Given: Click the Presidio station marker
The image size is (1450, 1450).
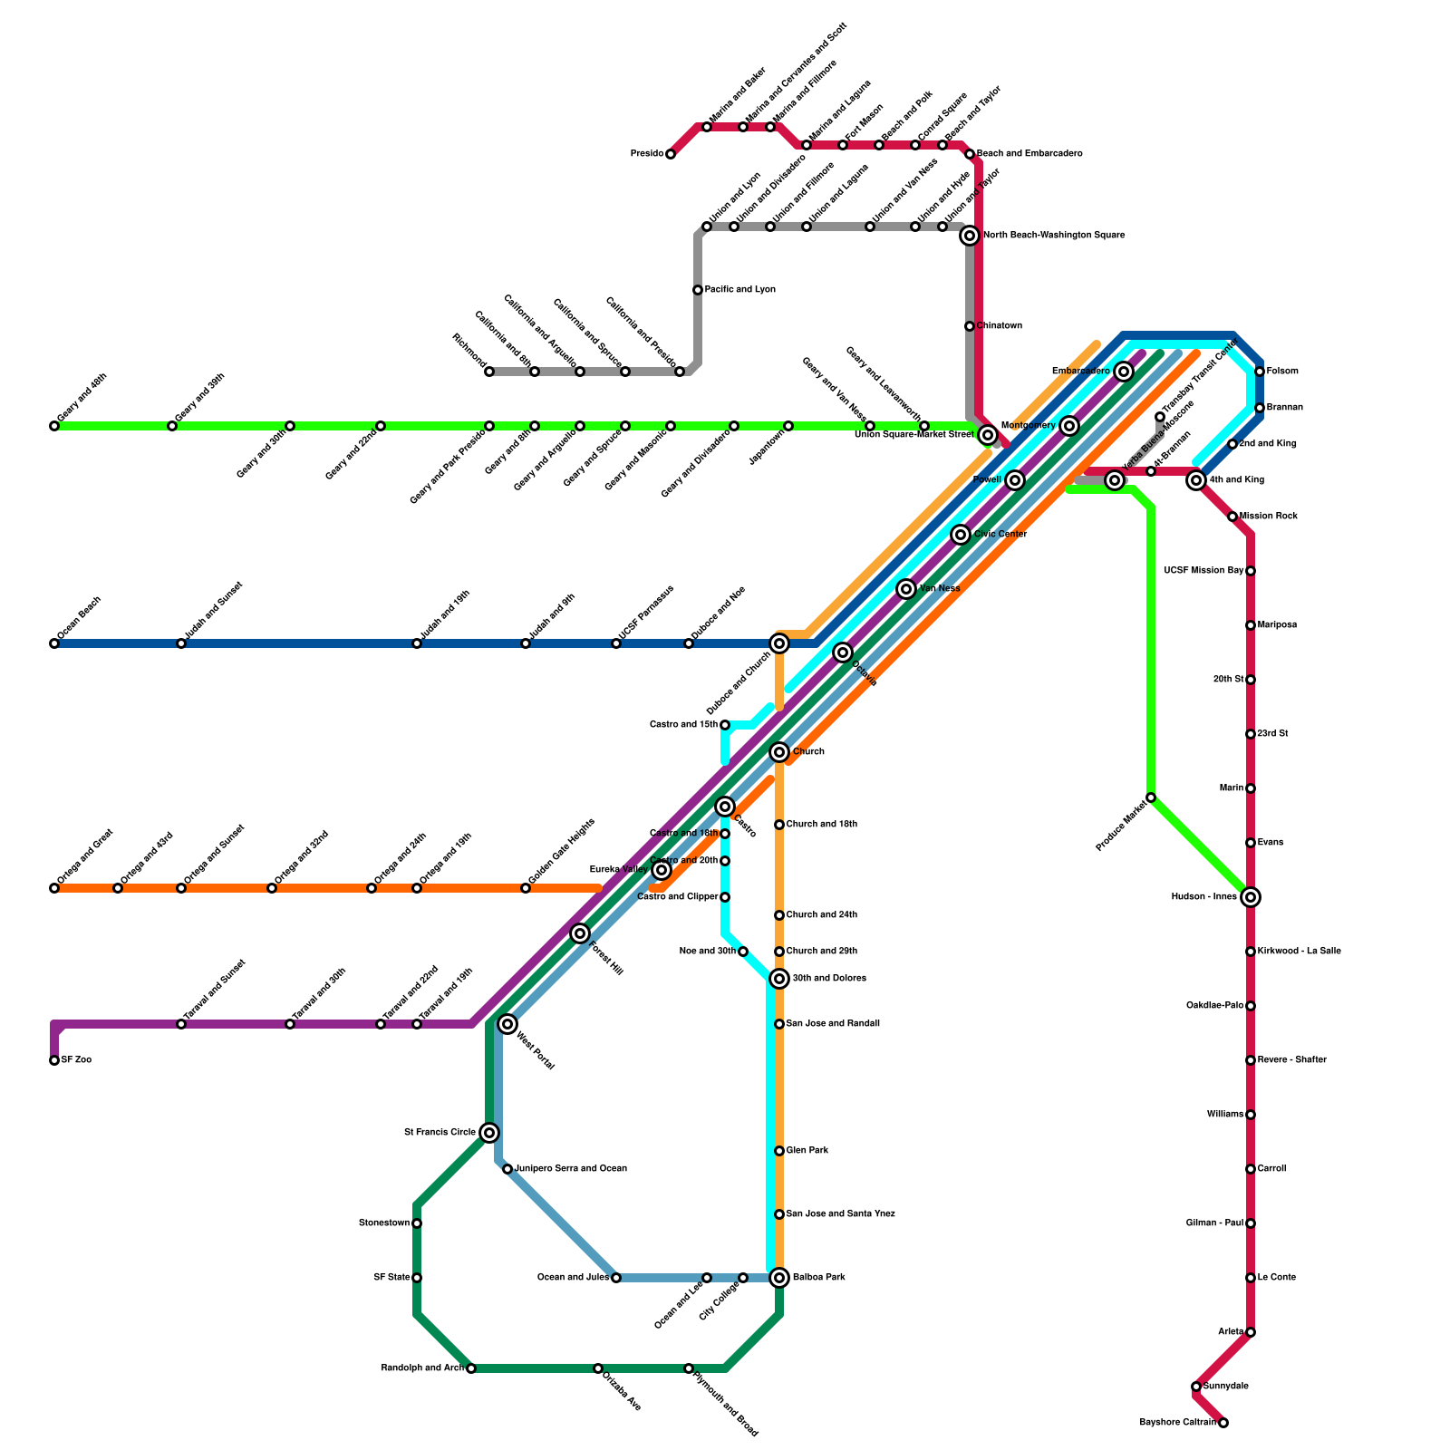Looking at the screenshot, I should click(671, 154).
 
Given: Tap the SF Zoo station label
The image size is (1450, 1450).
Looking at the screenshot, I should click(76, 1060).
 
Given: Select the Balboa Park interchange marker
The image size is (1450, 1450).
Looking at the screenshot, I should click(779, 1278).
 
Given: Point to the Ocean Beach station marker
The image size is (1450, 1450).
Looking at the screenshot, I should click(54, 643).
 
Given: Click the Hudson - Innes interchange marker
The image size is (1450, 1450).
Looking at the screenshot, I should click(1251, 897).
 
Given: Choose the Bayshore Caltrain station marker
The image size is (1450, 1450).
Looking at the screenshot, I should click(1223, 1423).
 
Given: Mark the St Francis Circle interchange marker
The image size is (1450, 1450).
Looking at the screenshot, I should click(489, 1133).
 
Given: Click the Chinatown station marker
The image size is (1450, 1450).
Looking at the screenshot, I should click(970, 326).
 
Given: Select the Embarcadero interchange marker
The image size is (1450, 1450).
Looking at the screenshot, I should click(1124, 372).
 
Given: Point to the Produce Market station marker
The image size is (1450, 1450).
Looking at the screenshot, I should click(1151, 797).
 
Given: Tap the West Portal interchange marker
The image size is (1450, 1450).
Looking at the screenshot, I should click(507, 1024).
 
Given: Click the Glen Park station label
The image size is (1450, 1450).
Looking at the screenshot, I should click(807, 1151).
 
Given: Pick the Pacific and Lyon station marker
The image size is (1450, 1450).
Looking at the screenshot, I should click(698, 290).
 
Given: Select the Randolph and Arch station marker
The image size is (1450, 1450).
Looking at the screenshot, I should click(471, 1368).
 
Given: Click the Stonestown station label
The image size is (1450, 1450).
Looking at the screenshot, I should click(383, 1223).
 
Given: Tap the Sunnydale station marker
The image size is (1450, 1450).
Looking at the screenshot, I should click(1196, 1387).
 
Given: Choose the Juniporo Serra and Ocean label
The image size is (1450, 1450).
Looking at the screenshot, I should click(571, 1169).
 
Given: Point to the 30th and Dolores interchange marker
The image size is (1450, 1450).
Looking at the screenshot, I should click(779, 979).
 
